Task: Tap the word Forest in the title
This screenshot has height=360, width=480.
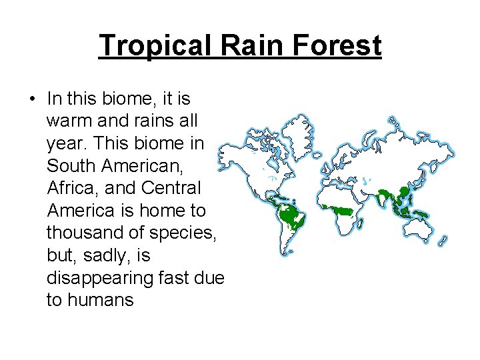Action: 338,46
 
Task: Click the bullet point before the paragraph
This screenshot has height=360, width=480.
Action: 33,100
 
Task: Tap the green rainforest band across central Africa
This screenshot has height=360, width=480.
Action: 341,210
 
